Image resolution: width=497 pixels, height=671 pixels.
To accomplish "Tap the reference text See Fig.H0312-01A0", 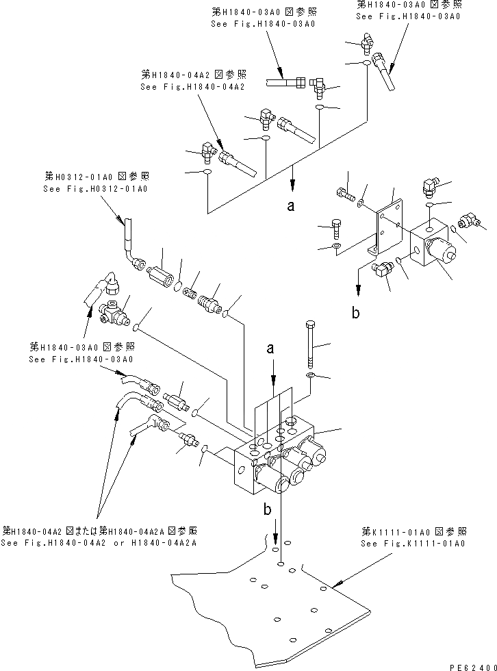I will point(96,188).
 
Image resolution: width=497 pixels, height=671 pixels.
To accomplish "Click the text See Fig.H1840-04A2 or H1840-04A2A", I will point(99,543).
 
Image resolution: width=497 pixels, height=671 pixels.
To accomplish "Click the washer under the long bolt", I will point(311,376).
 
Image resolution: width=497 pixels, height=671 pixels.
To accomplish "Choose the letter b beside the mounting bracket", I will point(355,314).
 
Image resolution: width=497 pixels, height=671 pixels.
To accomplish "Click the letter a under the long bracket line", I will point(291,207).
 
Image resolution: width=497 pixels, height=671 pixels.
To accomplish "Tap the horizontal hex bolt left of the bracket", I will point(346,197).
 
